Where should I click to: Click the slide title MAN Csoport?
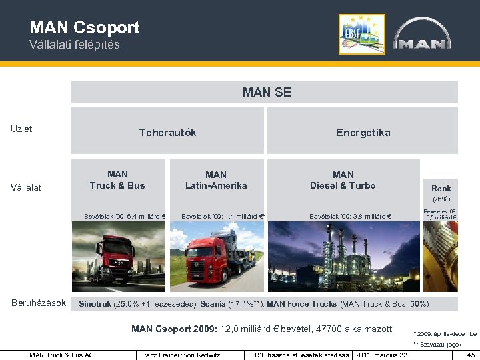pos(85,27)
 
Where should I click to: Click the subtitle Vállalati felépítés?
pos(74,45)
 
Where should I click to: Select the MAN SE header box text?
pos(267,92)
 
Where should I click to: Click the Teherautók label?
pos(167,132)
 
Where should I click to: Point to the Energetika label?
pos(363,132)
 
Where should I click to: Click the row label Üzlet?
pos(21,129)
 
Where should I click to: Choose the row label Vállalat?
pos(26,187)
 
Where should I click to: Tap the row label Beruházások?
pos(38,303)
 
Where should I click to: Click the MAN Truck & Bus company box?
pos(117,180)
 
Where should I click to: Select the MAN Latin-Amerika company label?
pos(216,180)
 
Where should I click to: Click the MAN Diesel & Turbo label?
pos(343,180)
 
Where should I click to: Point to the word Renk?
pos(441,189)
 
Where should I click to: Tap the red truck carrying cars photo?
pos(216,257)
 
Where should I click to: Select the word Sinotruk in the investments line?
pos(96,304)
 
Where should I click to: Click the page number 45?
pos(471,355)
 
